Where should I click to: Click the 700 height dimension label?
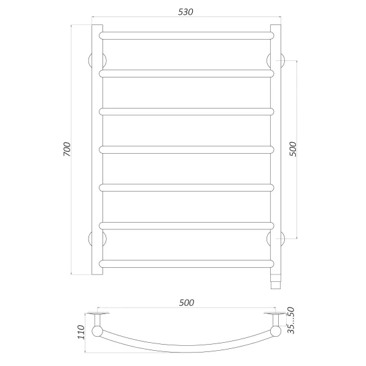67,150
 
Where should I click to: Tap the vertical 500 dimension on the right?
292,149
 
